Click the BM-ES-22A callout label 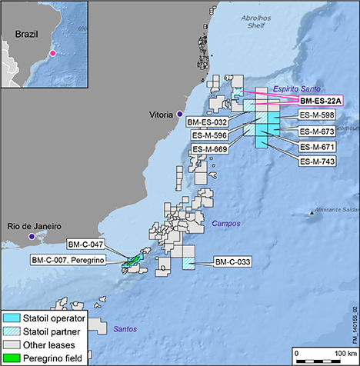pos(322,100)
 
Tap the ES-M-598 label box pos(317,115)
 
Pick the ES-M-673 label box pos(317,131)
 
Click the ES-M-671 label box pos(317,146)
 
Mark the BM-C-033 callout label pos(233,261)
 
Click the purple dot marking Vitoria pos(179,114)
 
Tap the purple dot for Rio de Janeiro pos(32,237)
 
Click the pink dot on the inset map pos(52,53)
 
